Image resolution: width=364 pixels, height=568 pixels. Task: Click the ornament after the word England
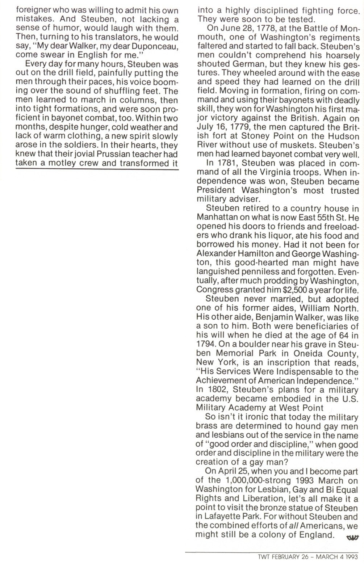[352, 537]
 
